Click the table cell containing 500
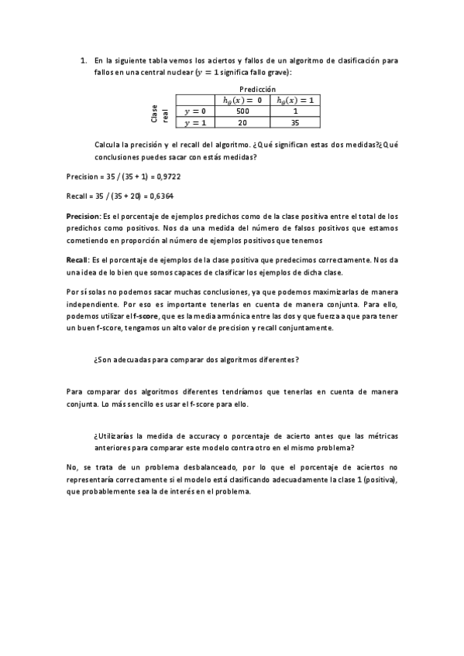[x=242, y=111]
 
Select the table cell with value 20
[x=242, y=122]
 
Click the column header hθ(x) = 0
[x=242, y=100]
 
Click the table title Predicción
[x=258, y=89]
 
